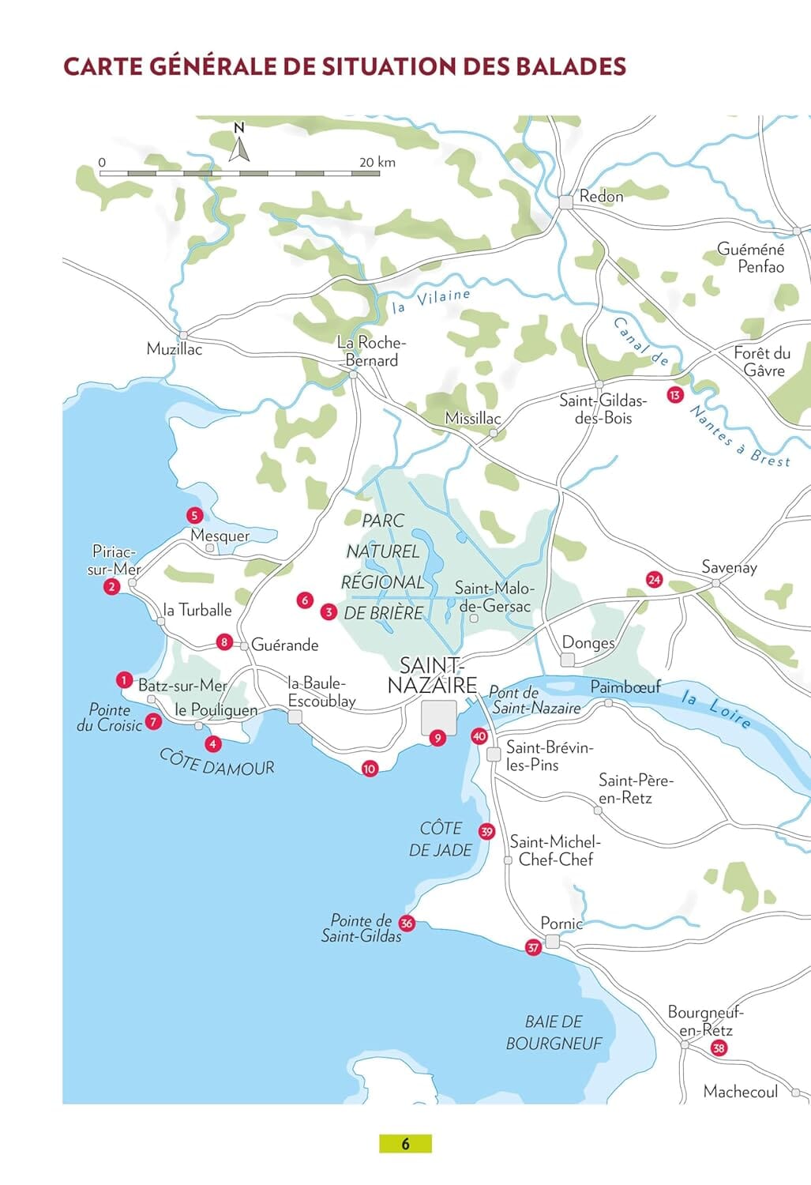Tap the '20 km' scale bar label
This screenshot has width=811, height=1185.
[377, 162]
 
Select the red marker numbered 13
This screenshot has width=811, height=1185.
[674, 395]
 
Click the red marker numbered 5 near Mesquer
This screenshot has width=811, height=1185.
[194, 516]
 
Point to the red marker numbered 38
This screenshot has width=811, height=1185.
[718, 1048]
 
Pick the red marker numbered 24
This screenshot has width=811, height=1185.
[653, 579]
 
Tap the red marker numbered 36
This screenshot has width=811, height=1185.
[406, 923]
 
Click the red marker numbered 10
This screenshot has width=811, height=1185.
[369, 768]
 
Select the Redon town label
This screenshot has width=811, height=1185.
[601, 196]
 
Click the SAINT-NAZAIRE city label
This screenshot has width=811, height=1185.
[432, 675]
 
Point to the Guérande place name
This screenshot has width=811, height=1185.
[284, 645]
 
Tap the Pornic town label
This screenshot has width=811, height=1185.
[561, 923]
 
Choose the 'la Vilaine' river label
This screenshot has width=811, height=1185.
[431, 300]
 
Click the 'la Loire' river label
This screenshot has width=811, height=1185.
[715, 709]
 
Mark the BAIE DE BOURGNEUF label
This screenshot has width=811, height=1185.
[554, 1033]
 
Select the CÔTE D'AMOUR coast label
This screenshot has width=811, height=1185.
[217, 762]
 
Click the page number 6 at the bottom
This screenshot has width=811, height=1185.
[405, 1143]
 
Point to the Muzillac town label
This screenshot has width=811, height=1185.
[175, 348]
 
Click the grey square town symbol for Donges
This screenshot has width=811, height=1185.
[568, 660]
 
